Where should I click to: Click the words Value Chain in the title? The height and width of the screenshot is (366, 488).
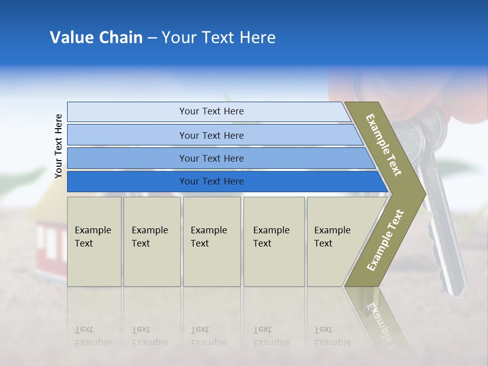point(96,38)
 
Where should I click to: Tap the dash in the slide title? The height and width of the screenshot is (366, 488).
point(152,38)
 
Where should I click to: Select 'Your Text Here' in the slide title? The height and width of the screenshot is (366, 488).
point(219,38)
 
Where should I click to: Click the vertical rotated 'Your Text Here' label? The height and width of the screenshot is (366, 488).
point(58,146)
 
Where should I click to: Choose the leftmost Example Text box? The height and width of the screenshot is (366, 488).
point(94,241)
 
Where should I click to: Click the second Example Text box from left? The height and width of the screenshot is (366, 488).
point(152,241)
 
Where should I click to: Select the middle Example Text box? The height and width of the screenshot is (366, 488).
point(211,241)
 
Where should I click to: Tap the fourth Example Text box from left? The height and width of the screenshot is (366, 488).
point(274,241)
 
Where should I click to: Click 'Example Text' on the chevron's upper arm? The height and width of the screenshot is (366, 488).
point(384,145)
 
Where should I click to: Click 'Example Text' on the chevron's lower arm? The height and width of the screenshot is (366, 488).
point(385,240)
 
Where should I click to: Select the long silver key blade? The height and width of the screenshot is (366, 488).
point(447,239)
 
